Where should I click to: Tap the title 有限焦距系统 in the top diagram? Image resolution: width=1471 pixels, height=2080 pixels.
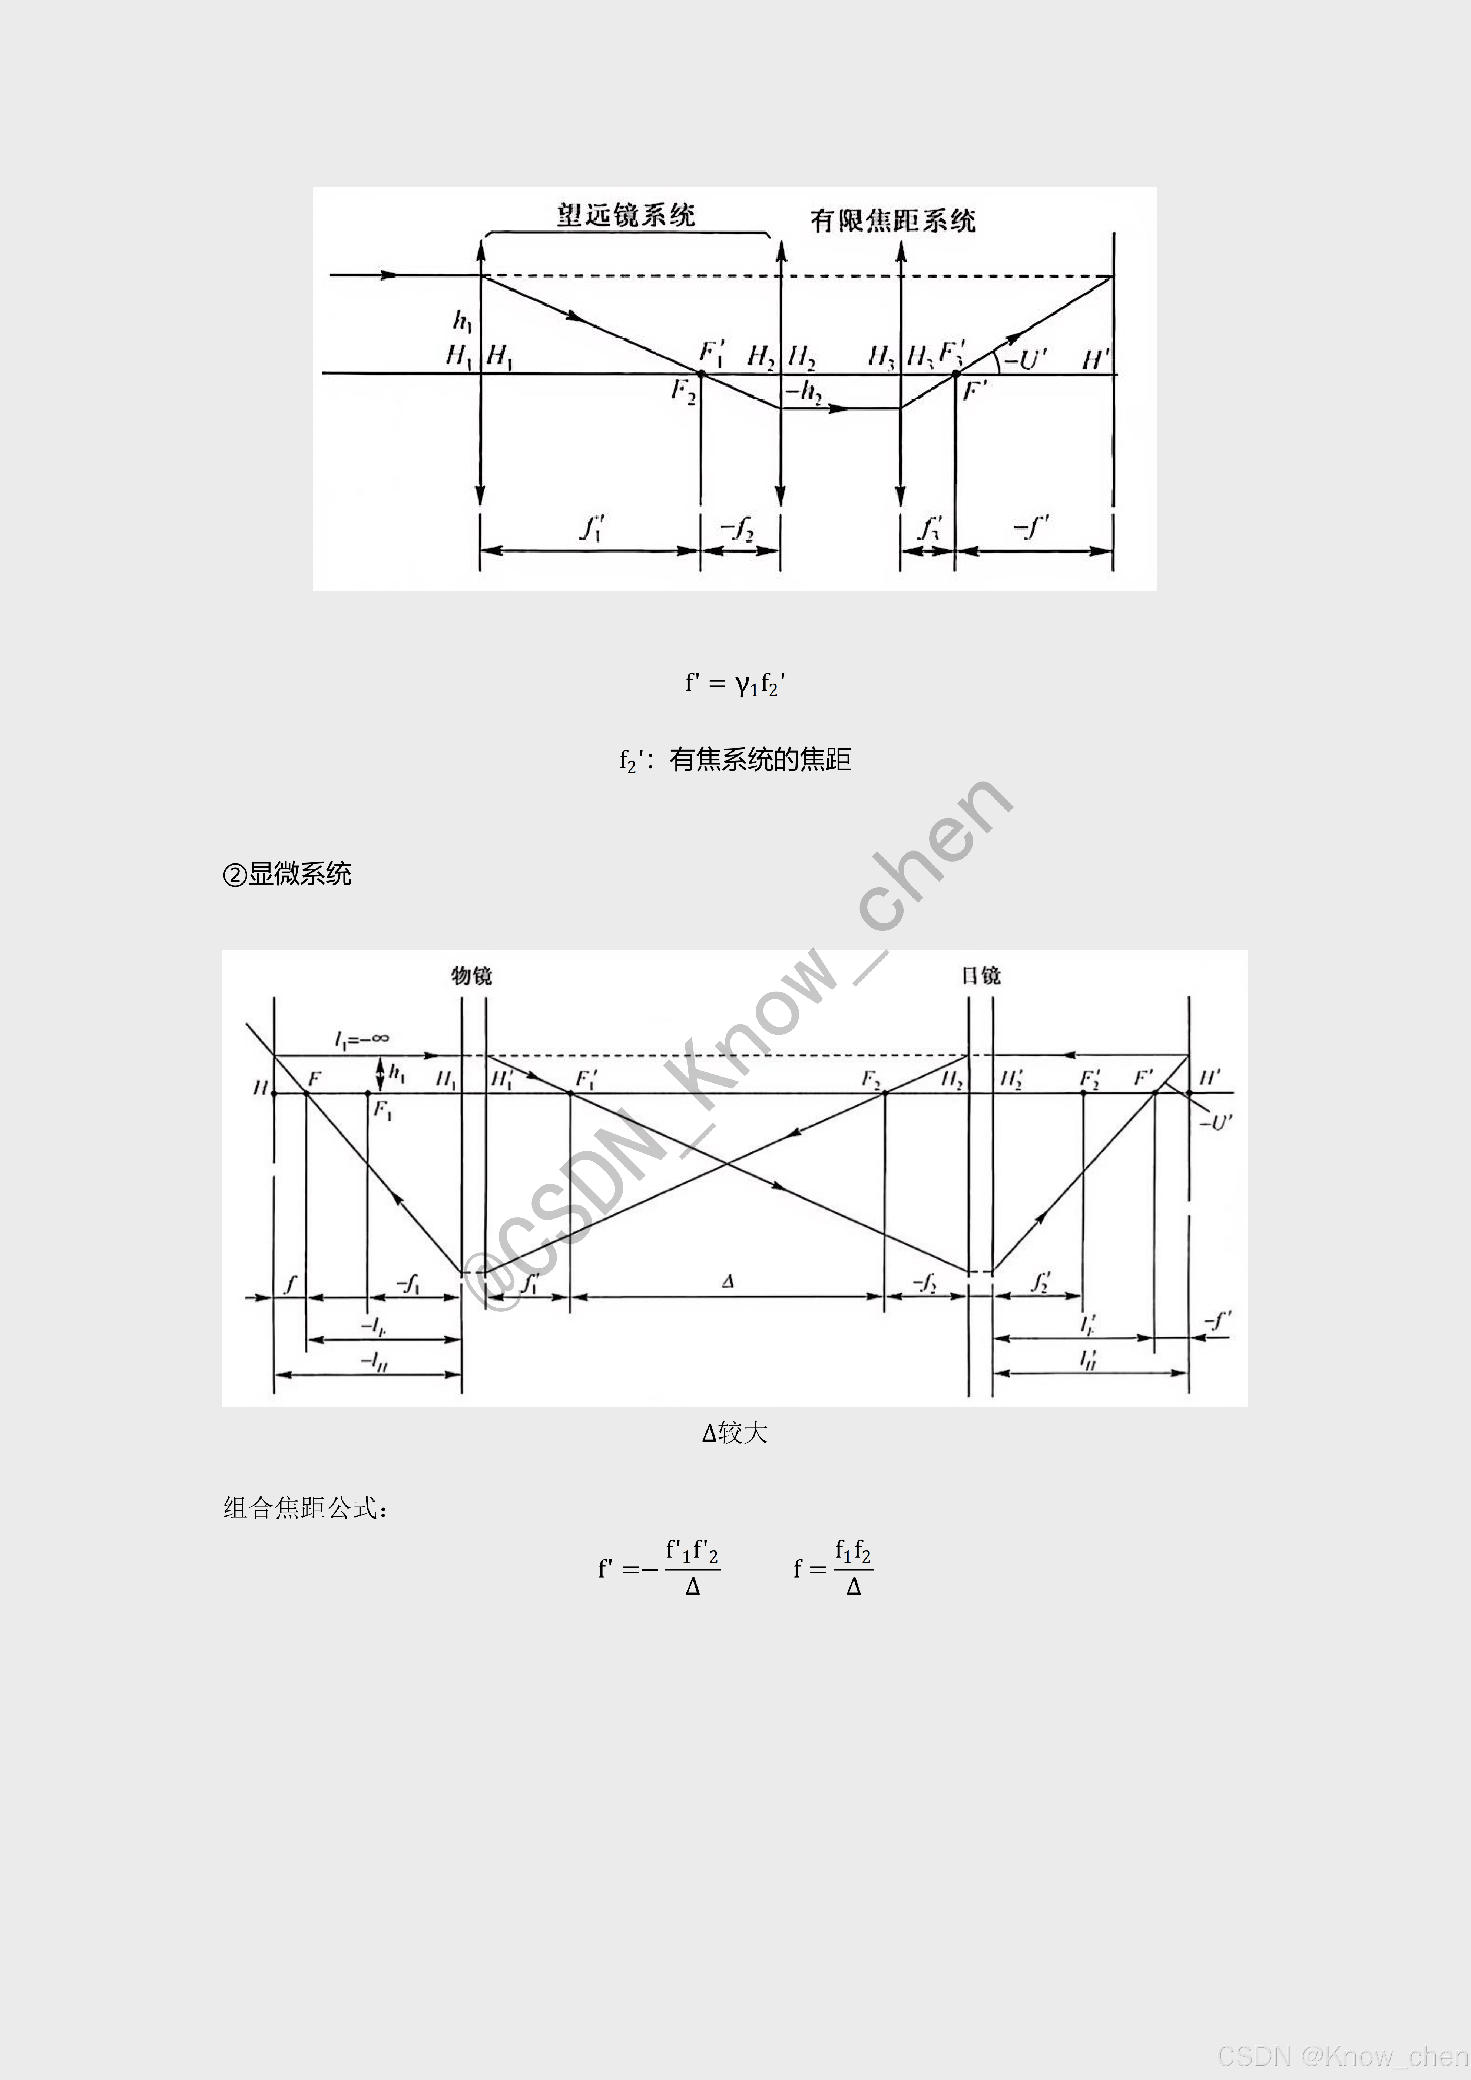(x=892, y=220)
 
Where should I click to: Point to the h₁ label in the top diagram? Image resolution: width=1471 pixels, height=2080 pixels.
(x=462, y=321)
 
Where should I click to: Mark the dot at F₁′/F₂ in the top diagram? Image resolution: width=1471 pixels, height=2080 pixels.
(x=701, y=373)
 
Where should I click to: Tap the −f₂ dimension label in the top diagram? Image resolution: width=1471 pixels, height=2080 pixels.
(x=738, y=528)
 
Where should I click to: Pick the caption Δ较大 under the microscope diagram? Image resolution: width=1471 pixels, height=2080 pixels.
(x=735, y=1432)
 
